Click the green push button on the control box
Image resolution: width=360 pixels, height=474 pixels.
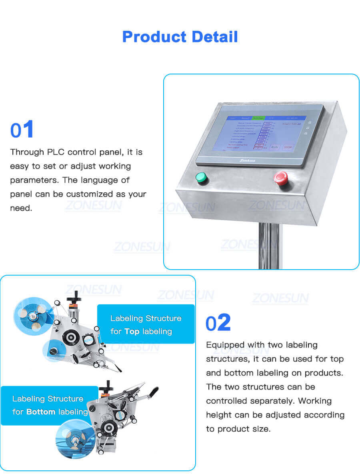click(x=201, y=178)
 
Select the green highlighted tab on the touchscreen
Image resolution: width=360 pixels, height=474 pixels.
click(x=258, y=118)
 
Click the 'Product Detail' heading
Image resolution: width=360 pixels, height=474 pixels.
click(x=180, y=37)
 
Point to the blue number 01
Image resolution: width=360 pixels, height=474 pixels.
click(x=22, y=130)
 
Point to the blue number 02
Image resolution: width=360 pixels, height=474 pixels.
click(x=218, y=323)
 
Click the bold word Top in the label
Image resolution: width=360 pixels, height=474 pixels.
click(x=132, y=331)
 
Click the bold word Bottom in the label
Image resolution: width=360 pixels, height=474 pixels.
click(x=41, y=412)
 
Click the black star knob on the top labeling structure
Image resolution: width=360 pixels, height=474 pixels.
click(x=73, y=298)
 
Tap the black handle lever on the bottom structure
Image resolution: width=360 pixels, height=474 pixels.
click(x=152, y=392)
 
